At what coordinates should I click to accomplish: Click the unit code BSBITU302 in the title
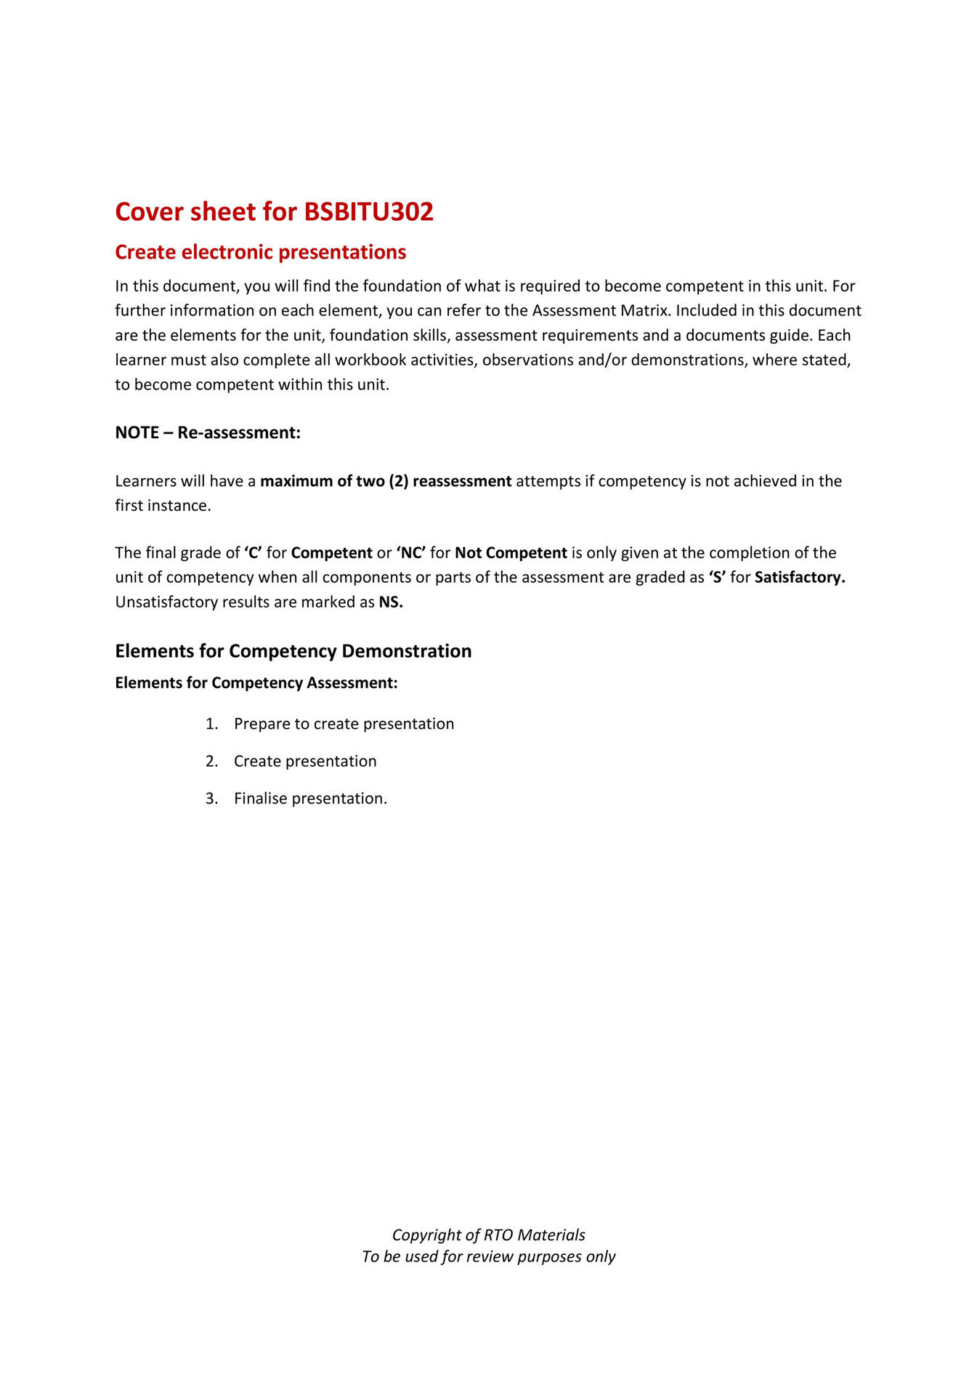(x=368, y=212)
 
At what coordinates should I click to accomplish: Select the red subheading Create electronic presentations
(x=260, y=252)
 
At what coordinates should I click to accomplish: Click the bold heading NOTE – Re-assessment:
(x=208, y=433)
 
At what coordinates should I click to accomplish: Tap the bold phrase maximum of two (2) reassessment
(x=386, y=481)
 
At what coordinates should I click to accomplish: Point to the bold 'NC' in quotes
(x=411, y=553)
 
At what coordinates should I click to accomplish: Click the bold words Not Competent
(x=511, y=553)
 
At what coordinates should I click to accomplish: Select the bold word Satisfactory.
(x=800, y=578)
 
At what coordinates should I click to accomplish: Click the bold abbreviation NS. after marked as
(x=391, y=602)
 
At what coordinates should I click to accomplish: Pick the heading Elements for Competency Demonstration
(x=293, y=651)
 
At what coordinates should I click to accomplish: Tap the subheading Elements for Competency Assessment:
(x=256, y=683)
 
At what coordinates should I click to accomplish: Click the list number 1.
(x=211, y=724)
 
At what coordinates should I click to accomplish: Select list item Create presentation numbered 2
(x=305, y=761)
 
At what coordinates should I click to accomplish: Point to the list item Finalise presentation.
(x=310, y=799)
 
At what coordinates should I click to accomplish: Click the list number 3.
(x=211, y=799)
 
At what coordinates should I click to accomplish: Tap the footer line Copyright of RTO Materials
(x=488, y=1235)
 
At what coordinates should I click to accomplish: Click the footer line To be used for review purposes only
(x=488, y=1257)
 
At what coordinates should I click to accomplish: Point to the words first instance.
(x=163, y=506)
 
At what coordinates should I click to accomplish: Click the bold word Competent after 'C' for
(x=331, y=553)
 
